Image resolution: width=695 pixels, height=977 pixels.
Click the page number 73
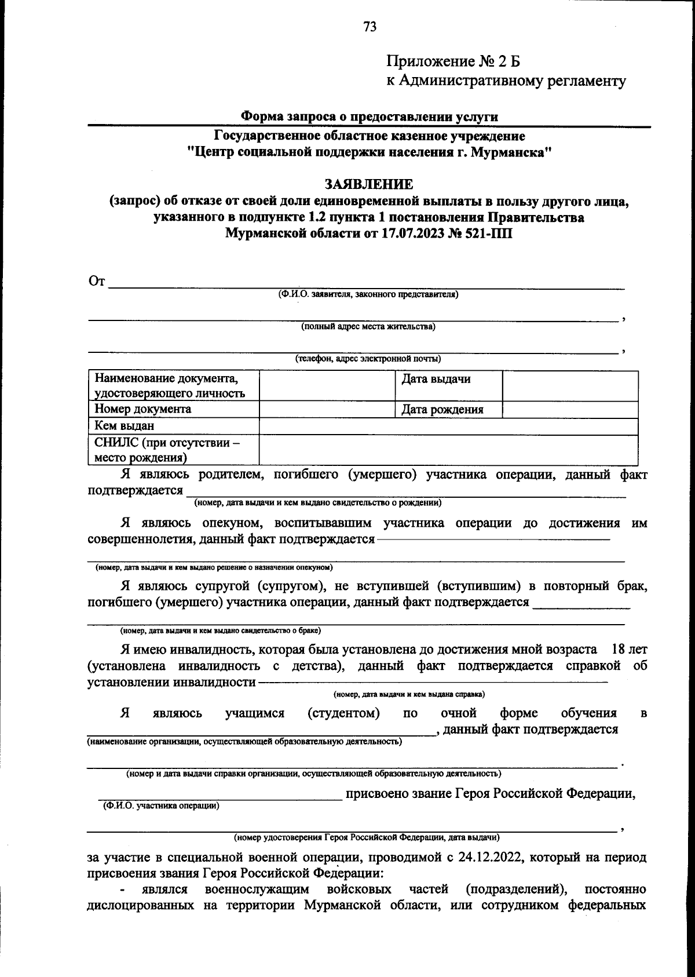(370, 27)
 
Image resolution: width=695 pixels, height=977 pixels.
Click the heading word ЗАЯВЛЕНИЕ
(369, 184)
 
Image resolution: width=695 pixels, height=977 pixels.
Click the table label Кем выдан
(125, 426)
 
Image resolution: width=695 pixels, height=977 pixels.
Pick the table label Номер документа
(143, 409)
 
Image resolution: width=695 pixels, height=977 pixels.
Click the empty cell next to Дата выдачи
(570, 386)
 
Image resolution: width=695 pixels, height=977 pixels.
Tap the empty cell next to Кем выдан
(448, 426)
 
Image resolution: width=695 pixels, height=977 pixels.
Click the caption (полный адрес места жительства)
(368, 327)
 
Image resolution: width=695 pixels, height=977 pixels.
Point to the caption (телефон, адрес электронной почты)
(368, 359)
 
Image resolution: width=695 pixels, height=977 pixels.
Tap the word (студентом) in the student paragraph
(343, 713)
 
